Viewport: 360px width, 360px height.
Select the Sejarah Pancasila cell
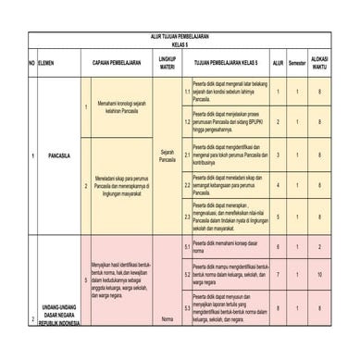click(168, 155)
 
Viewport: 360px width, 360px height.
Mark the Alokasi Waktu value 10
click(319, 275)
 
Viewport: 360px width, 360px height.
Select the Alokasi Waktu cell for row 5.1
click(319, 246)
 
